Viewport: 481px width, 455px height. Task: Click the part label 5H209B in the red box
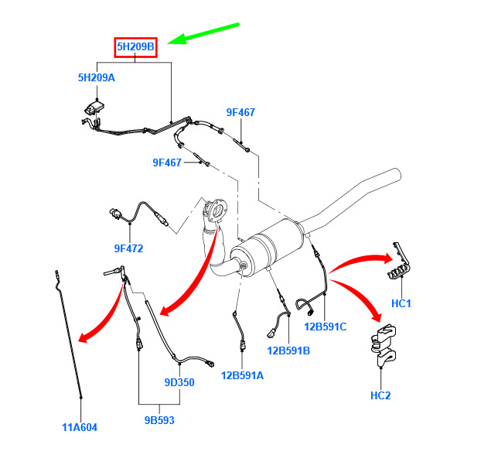tap(135, 47)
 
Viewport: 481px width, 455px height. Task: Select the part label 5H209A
tap(97, 77)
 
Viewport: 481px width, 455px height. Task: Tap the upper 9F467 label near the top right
tap(240, 112)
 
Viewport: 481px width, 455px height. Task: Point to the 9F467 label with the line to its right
tap(167, 162)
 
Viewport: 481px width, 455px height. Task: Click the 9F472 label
tap(128, 248)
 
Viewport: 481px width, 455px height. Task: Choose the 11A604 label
tap(80, 427)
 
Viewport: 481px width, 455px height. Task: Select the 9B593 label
tap(159, 420)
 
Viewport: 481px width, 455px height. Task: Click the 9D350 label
tap(179, 382)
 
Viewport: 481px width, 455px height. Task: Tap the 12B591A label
tap(242, 375)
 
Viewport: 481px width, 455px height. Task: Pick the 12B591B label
tap(288, 351)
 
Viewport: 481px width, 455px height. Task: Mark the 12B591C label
tap(325, 327)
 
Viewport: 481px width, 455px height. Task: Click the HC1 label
tap(401, 303)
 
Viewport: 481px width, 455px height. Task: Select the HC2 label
tap(380, 395)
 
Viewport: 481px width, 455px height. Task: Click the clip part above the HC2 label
tap(384, 345)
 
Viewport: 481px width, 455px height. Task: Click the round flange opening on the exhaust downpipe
tap(219, 210)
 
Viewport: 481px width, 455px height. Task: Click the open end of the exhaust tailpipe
tap(397, 175)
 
